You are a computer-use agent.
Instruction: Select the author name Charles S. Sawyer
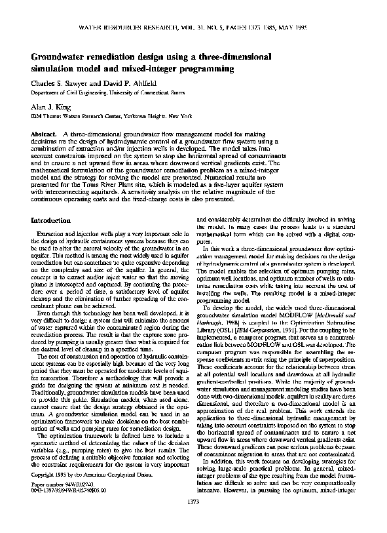[64, 84]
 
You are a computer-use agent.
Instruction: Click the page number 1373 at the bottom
[193, 520]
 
